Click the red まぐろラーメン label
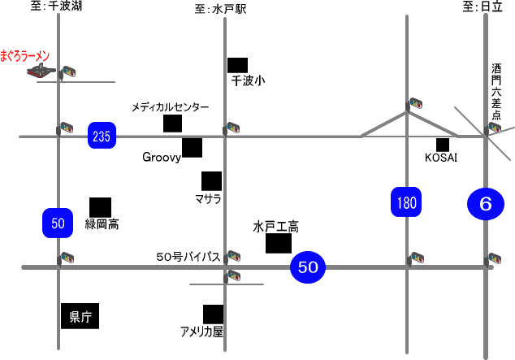pos(26,56)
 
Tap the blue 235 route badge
pos(102,136)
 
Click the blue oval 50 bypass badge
pos(307,266)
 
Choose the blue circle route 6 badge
pos(486,203)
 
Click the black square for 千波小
pos(237,65)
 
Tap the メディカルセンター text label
pos(170,107)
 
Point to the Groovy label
pos(161,158)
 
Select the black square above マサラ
pos(211,180)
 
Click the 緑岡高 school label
pos(102,224)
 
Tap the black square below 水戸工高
pos(279,242)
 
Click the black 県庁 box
pos(80,315)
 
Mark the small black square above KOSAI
pos(442,144)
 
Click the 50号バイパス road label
pos(188,257)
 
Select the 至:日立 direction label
pos(482,7)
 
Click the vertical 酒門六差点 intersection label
pos(496,93)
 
